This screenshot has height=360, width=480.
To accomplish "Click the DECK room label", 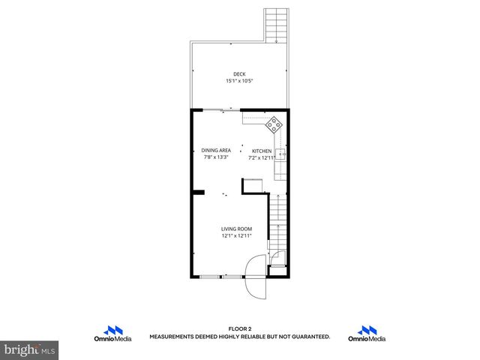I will (x=239, y=73).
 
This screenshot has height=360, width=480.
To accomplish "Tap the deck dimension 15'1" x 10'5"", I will (x=239, y=80).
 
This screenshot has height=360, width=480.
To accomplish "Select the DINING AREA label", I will (x=216, y=151).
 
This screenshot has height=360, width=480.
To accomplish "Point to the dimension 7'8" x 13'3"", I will (x=216, y=157).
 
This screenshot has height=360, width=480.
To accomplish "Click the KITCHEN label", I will (x=260, y=151).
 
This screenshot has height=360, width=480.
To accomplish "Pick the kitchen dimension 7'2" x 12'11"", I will (x=260, y=157).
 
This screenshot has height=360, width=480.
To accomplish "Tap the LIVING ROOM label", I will (x=236, y=229).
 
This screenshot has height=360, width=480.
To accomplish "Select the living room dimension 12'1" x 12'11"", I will (x=236, y=235).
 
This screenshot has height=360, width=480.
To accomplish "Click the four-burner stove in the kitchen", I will (x=275, y=124).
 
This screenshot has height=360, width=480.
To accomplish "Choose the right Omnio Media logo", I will (x=367, y=333).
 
